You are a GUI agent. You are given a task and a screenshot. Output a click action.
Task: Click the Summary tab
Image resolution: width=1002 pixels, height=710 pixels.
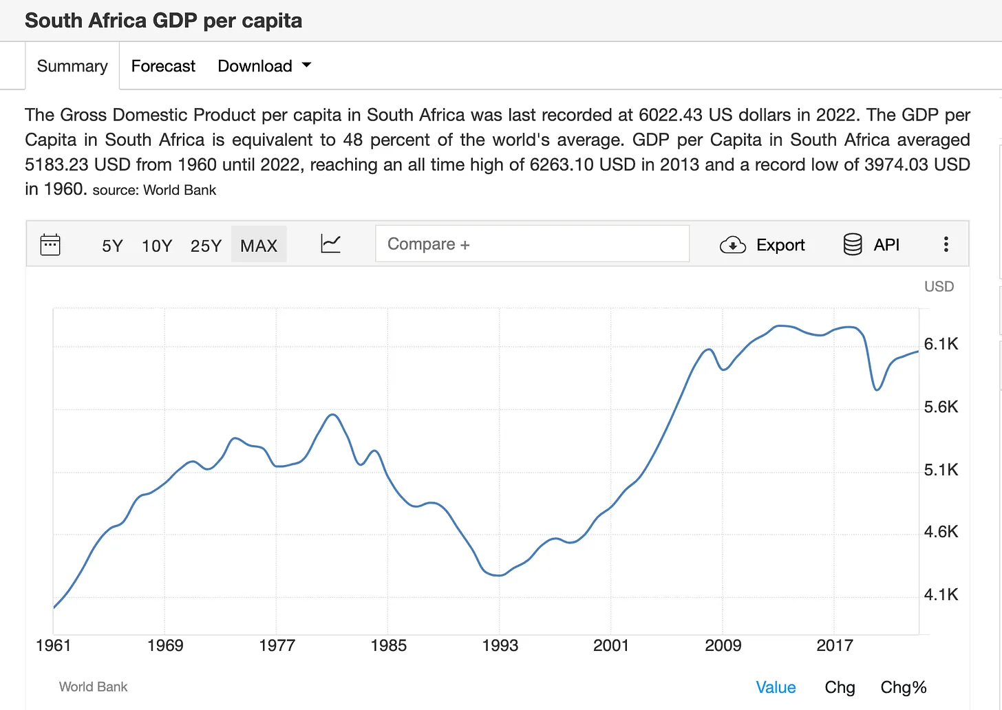pos(72,66)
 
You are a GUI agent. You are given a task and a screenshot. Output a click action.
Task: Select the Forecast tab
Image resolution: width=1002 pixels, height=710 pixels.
pos(163,66)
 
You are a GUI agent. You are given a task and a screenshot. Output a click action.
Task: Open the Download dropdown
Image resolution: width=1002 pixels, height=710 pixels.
pos(264,66)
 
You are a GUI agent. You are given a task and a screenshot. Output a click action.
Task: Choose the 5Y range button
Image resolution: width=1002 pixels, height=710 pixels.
pos(112,246)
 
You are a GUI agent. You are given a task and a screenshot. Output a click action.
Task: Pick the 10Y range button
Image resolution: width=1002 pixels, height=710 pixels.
pos(157,246)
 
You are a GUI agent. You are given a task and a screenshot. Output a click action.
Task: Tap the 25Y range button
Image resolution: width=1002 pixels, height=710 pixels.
pos(206,246)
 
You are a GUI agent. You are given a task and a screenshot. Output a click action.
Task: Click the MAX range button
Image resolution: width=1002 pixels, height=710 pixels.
pos(259,246)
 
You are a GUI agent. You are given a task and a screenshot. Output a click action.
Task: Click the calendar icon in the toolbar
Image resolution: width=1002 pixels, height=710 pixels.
pos(50,245)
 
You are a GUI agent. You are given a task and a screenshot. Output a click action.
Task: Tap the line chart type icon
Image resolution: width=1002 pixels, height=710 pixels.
pos(330,244)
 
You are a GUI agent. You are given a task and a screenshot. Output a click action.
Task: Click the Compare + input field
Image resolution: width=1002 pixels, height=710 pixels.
pos(531,244)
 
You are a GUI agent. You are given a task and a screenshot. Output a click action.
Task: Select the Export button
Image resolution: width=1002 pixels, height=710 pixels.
pos(763,245)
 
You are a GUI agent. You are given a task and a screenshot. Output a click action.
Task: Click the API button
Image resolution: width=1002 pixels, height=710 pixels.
pos(872,245)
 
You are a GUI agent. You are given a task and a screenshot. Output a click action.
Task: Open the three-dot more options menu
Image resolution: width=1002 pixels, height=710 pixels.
pos(946,244)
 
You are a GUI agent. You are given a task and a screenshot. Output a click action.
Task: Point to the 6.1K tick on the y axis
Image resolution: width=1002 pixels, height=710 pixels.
pos(941,344)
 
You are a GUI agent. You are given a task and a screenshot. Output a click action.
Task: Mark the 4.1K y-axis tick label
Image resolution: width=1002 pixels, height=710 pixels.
pos(941,594)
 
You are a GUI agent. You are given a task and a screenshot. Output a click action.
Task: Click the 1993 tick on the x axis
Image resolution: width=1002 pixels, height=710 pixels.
pos(500,645)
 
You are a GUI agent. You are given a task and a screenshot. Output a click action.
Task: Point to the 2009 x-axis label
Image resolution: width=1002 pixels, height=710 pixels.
pos(723,645)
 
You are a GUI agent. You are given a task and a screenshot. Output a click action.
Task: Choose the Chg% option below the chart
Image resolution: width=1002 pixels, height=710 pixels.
pos(903,687)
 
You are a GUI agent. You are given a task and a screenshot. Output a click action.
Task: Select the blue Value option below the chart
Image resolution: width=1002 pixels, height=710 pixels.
pos(776,687)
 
